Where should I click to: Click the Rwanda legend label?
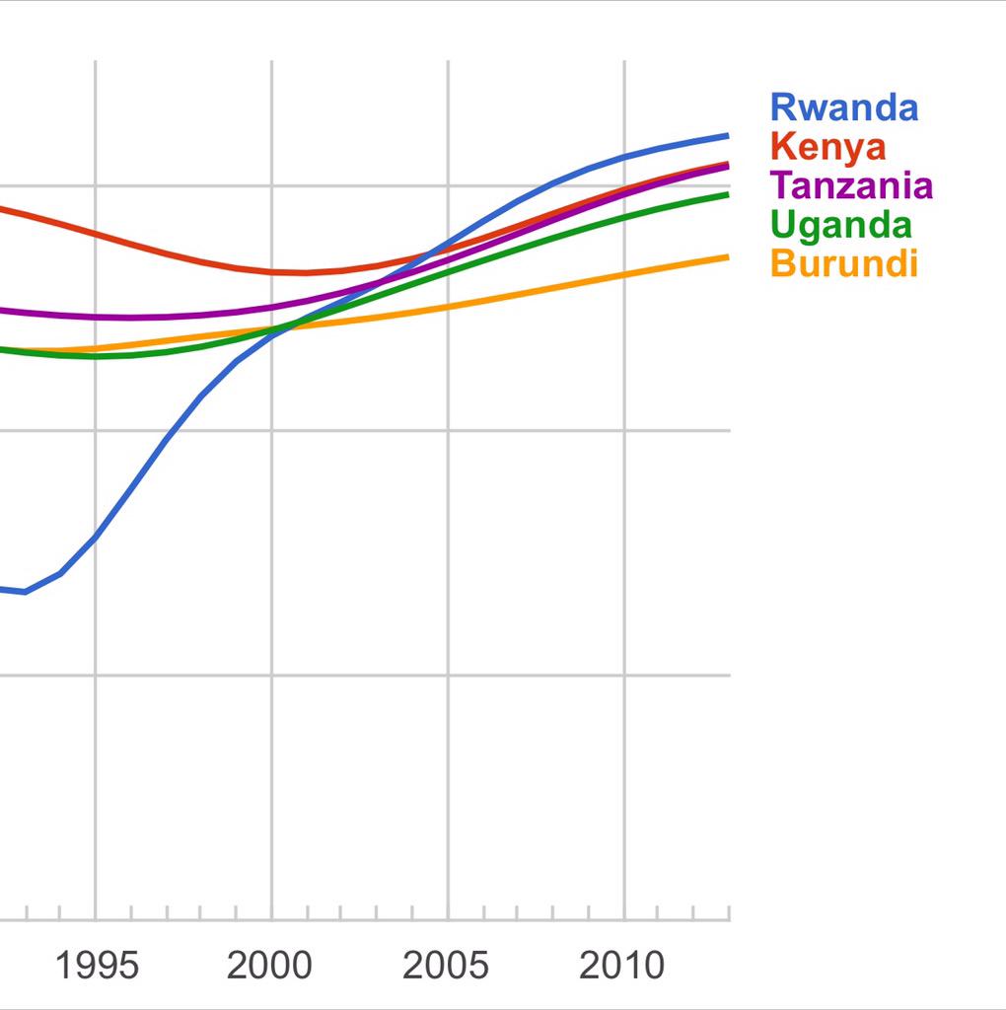point(844,107)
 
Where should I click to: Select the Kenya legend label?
point(828,146)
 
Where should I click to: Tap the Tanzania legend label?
point(851,185)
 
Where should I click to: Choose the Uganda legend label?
point(841,225)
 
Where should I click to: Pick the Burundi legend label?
point(844,263)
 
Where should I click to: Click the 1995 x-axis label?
point(97,967)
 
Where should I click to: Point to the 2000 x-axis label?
point(272,967)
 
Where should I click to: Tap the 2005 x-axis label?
point(448,967)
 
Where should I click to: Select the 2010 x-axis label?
point(623,967)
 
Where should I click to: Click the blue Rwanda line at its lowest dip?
point(25,592)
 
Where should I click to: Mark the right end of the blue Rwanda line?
point(728,135)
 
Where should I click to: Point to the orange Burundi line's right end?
point(728,256)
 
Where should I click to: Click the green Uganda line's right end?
point(728,194)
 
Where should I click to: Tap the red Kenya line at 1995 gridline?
point(96,234)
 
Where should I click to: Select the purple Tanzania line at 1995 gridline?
point(96,317)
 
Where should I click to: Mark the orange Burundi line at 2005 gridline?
point(448,307)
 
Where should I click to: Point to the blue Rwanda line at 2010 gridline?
point(623,158)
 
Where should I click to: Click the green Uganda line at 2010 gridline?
point(623,217)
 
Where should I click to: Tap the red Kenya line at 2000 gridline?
point(272,271)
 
